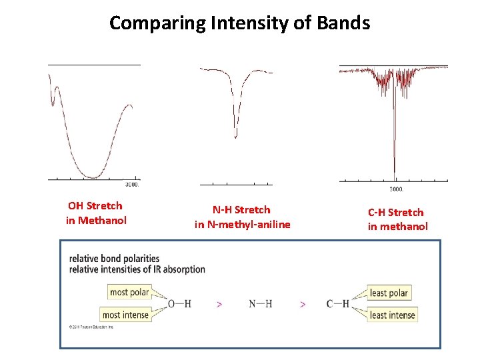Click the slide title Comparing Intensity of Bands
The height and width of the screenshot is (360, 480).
[x=239, y=23]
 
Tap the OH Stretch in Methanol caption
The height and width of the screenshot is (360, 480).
[x=95, y=213]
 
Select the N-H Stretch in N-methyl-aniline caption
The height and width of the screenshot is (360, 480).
[x=242, y=217]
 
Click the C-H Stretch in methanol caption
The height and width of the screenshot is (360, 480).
[x=397, y=219]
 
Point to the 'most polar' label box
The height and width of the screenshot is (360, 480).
[x=129, y=292]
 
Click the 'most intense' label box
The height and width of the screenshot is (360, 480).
[x=125, y=315]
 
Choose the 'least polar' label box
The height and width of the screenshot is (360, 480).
[x=389, y=293]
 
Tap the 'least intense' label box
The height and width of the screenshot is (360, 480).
[x=392, y=315]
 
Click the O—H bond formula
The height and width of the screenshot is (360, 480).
[x=179, y=304]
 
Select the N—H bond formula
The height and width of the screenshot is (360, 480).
[x=260, y=304]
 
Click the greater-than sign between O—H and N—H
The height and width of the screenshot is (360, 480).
[x=219, y=304]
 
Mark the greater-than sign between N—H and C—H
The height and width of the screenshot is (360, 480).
[x=303, y=304]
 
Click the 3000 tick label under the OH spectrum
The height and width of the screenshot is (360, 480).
[x=132, y=185]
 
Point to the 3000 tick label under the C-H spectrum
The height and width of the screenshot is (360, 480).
[x=396, y=189]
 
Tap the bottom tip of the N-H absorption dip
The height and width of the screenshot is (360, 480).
[x=235, y=137]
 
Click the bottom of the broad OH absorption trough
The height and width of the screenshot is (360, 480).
[x=93, y=177]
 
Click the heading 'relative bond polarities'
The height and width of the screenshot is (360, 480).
[x=114, y=258]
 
